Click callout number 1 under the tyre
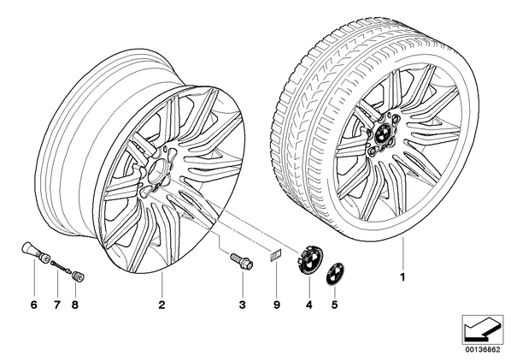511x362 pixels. (x=402, y=277)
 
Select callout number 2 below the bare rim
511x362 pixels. (x=162, y=306)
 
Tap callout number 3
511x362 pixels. (x=242, y=306)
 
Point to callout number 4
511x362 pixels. (x=309, y=306)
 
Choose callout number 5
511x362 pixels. (x=334, y=306)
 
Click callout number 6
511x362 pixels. (x=34, y=306)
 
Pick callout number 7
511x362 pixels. (x=57, y=306)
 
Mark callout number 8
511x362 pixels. (x=75, y=306)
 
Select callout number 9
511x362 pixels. (x=276, y=306)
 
